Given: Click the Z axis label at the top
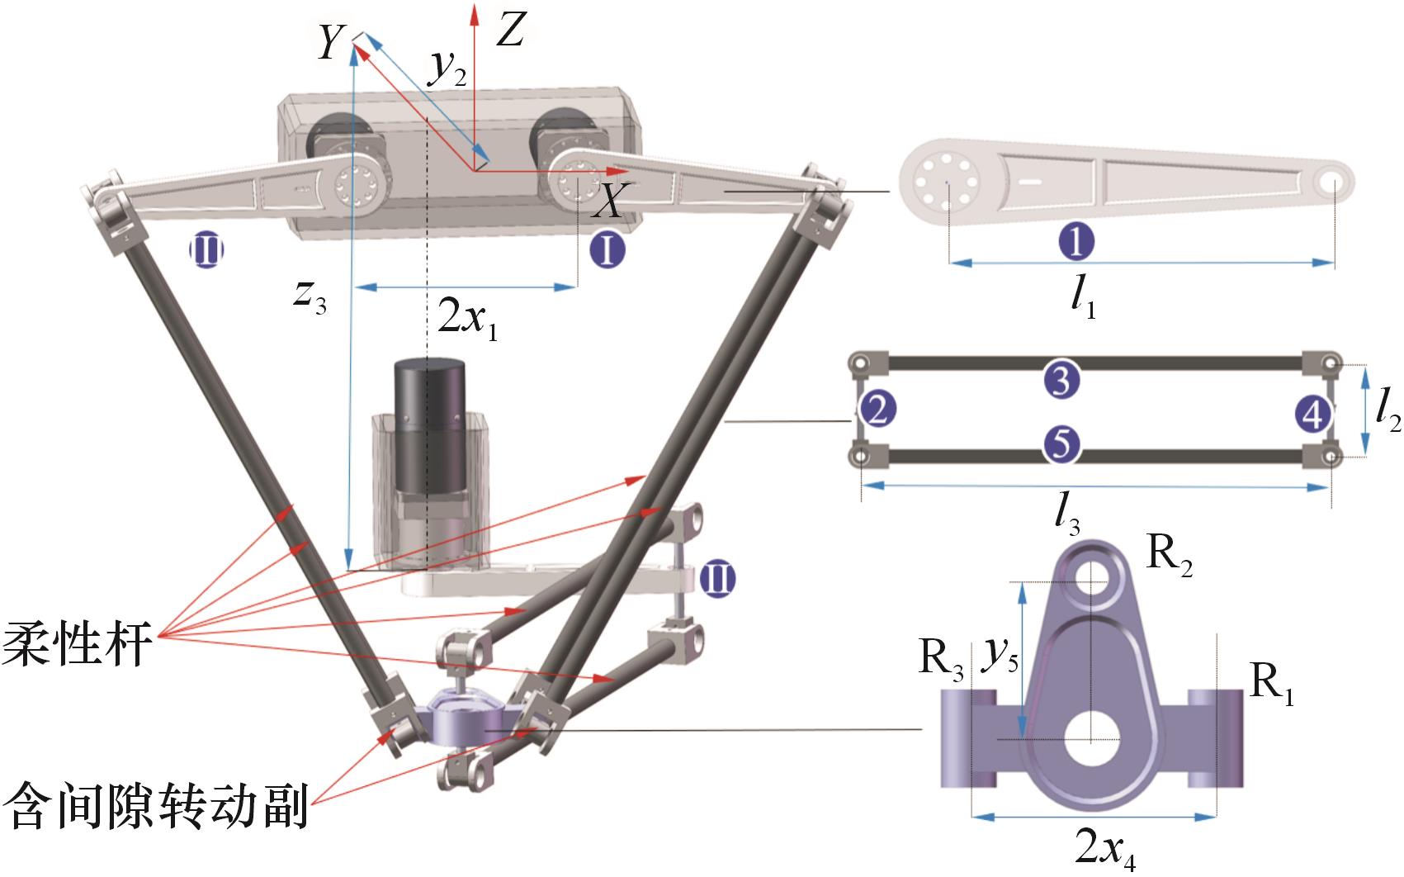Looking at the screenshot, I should coord(512,31).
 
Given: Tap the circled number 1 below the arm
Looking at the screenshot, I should coord(1076,242).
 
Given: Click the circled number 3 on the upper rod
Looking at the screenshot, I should coord(1061,380).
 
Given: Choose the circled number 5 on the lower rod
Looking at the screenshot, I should coord(1061,444).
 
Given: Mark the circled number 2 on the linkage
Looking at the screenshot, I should coord(877,410).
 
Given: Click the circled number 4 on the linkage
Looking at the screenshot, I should coord(1312,411).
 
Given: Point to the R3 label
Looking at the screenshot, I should coord(941,661).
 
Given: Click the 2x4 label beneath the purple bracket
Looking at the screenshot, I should coord(1105,847).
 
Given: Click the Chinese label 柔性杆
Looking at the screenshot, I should coord(78,642).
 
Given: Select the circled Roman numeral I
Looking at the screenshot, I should coord(608,249).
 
